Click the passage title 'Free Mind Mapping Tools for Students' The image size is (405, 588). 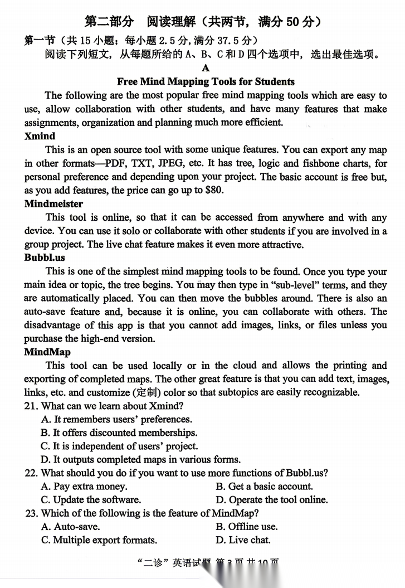pyautogui.click(x=206, y=82)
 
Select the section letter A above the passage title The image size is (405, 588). pyautogui.click(x=206, y=68)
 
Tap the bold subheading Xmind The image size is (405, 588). pyautogui.click(x=40, y=136)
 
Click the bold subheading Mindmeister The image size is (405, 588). pyautogui.click(x=53, y=203)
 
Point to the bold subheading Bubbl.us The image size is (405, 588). pyautogui.click(x=45, y=257)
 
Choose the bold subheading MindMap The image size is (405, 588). pyautogui.click(x=47, y=352)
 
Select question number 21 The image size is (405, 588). pyautogui.click(x=31, y=406)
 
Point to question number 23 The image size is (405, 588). pyautogui.click(x=31, y=513)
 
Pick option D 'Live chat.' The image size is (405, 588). pyautogui.click(x=243, y=540)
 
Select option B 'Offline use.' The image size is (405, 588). pyautogui.click(x=246, y=526)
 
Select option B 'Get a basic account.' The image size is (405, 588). pyautogui.click(x=264, y=486)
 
